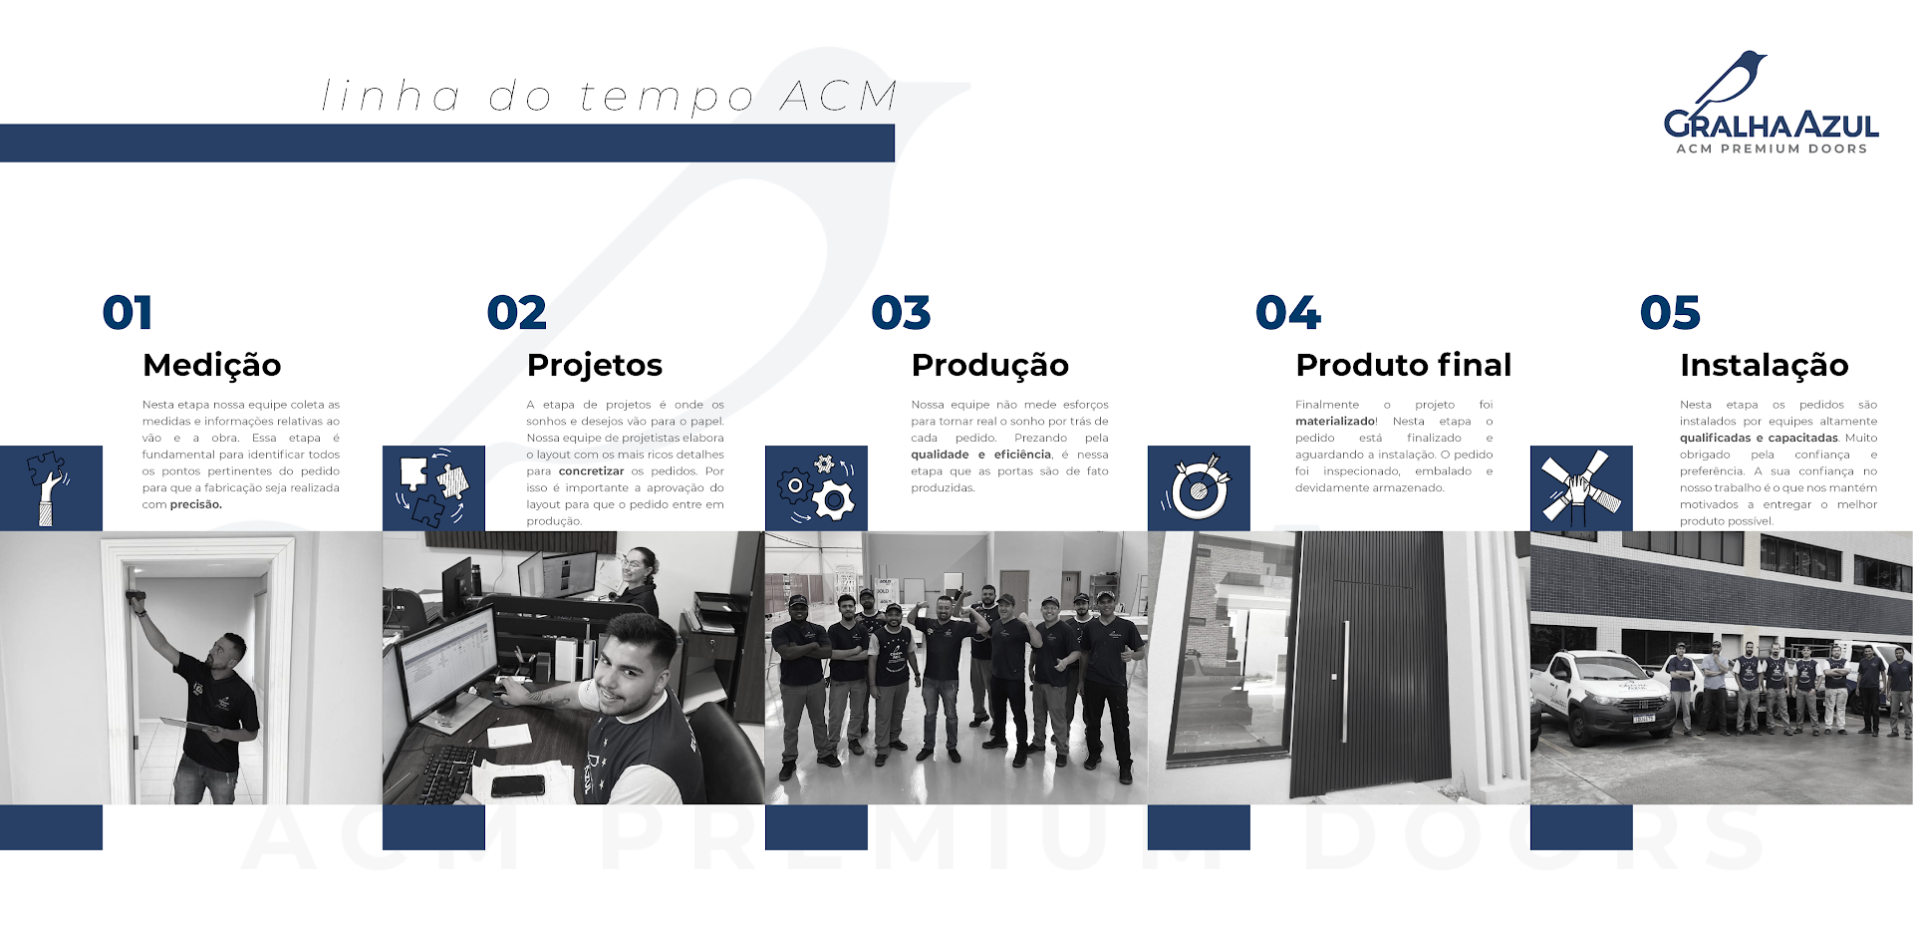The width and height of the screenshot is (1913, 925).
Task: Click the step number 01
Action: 128,313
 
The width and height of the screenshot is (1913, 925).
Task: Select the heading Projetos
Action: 595,366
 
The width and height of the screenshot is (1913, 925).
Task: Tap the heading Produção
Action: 989,366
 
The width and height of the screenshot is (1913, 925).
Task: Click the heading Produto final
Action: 1403,365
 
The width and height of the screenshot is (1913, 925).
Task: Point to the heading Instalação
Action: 1764,366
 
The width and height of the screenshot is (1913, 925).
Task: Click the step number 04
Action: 1288,313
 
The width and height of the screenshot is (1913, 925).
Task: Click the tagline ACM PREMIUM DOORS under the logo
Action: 1772,149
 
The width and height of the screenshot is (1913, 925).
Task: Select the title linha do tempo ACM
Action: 609,97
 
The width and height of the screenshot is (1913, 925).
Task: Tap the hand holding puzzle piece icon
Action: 47,487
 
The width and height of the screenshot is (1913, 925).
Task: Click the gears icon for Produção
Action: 816,487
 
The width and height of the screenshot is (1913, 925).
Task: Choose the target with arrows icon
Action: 1199,487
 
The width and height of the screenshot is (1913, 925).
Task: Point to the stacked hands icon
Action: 1580,487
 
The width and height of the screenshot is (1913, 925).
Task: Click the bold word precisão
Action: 196,504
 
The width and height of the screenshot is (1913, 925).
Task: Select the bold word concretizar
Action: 591,471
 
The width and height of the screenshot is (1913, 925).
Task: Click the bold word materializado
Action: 1335,421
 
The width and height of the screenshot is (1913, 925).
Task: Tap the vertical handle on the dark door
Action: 1345,682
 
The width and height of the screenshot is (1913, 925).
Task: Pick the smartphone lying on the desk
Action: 518,785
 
